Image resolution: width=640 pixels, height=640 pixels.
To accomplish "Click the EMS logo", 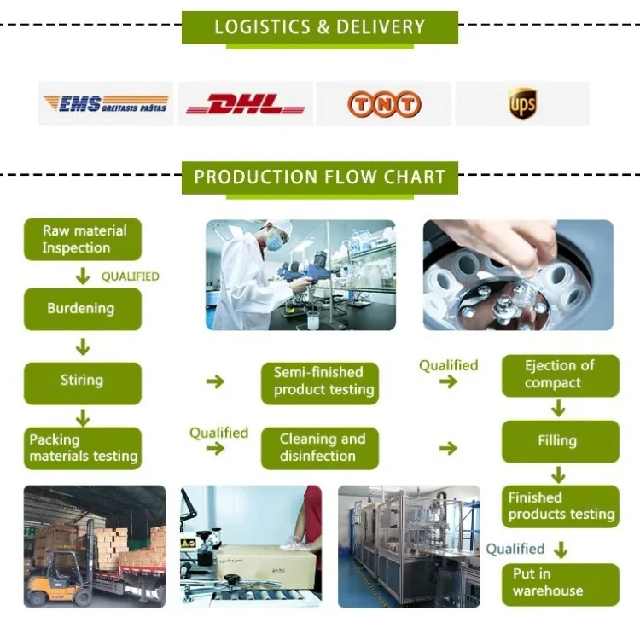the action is pos(106,104).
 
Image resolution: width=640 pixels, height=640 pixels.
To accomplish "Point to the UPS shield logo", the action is pos(522,104).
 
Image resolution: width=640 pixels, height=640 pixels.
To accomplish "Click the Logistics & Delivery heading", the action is pos(319,26).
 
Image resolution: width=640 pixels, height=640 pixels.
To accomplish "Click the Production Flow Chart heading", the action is pos(319,177).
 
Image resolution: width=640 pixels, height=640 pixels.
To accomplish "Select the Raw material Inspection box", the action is pos(83,240).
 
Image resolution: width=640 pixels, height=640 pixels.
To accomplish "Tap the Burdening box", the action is pos(83,309).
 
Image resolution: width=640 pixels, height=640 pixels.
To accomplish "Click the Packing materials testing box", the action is pos(83,449).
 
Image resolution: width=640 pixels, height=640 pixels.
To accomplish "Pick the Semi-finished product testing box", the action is pos(320,381).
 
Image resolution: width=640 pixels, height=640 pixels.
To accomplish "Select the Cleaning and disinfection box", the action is pos(320,448).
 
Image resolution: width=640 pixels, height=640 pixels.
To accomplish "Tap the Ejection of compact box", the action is pos(560,375).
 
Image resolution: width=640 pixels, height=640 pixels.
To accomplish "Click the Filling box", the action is pos(560,441).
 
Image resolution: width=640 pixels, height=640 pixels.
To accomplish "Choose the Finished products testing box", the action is pos(560,506).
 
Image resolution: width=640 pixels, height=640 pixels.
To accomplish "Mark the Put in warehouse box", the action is pos(560,583).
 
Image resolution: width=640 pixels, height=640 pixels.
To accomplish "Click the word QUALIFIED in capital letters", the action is pos(130,276).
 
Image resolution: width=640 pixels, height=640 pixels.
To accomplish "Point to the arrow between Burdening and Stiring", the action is pos(83,346).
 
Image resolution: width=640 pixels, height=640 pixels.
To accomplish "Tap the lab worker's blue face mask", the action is pos(274,243).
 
